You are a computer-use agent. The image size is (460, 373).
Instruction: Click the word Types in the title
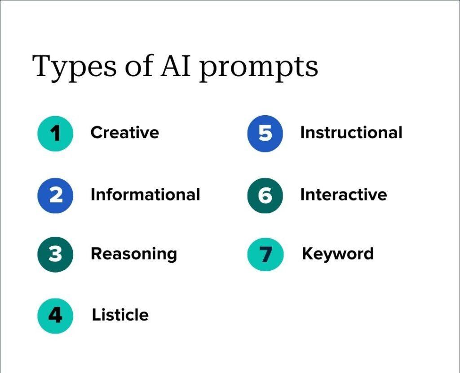[x=74, y=67]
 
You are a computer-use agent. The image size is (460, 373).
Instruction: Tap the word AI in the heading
[x=176, y=65]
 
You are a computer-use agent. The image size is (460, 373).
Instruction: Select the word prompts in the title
[x=259, y=68]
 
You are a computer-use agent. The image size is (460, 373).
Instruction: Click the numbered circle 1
[x=55, y=134]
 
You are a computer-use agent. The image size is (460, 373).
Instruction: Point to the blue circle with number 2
[x=55, y=195]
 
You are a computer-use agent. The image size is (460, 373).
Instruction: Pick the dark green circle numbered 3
[x=55, y=254]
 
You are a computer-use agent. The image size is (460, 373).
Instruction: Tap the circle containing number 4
[x=55, y=316]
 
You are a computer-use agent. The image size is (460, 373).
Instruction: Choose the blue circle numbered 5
[x=265, y=134]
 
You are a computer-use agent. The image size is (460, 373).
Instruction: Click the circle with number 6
[x=265, y=195]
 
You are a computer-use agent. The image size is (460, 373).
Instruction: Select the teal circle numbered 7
[x=265, y=254]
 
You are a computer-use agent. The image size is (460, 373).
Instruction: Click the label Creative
[x=125, y=132]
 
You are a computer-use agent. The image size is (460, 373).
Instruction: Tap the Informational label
[x=146, y=195]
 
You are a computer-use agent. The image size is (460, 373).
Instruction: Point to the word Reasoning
[x=134, y=254]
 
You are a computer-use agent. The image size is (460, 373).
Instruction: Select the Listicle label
[x=120, y=315]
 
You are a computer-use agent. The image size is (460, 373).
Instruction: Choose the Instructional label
[x=351, y=132]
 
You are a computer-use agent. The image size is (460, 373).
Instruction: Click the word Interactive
[x=344, y=195]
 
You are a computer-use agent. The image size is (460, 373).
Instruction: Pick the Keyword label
[x=338, y=254]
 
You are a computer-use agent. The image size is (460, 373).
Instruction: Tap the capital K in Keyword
[x=308, y=253]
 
